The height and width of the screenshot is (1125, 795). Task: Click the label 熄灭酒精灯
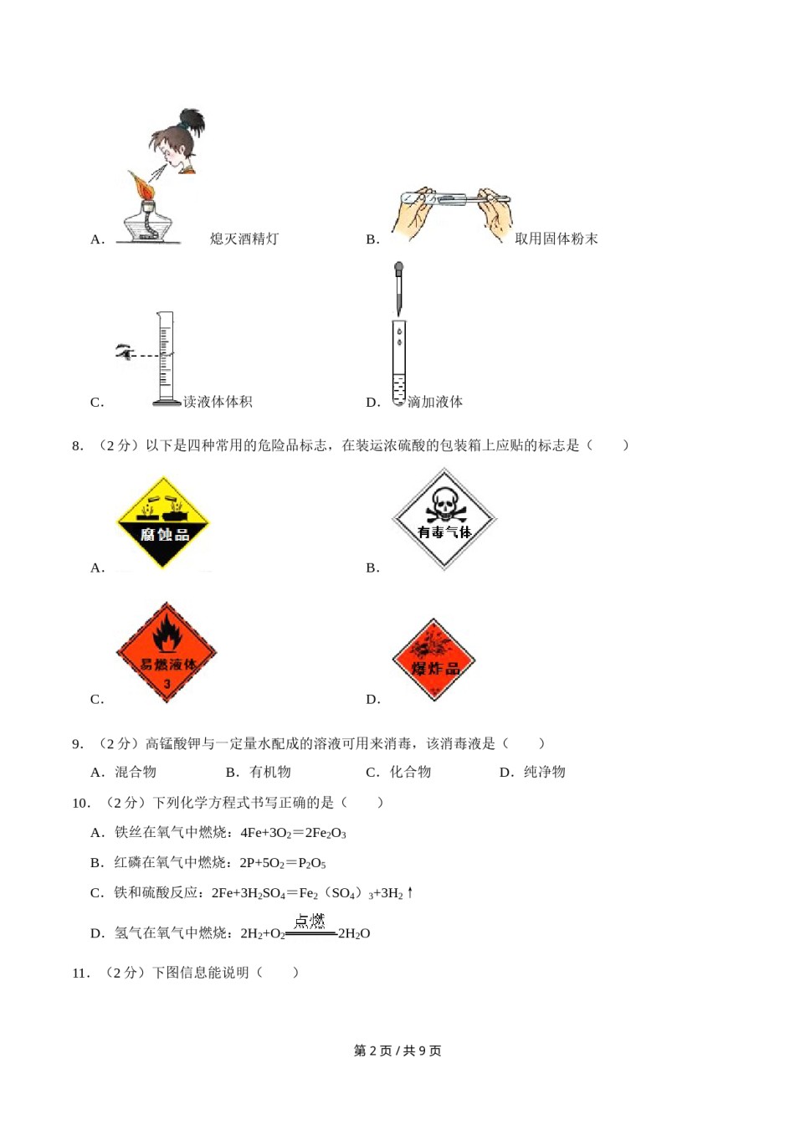[244, 239]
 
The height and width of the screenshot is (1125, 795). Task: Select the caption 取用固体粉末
[556, 239]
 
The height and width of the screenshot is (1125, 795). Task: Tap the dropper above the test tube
[399, 289]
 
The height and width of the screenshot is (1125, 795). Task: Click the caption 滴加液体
[434, 403]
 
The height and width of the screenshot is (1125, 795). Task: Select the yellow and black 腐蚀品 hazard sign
[163, 523]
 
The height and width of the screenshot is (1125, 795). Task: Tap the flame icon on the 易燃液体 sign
[167, 634]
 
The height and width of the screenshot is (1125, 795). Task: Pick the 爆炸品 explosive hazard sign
[433, 660]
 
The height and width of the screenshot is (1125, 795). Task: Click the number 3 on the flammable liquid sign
[167, 685]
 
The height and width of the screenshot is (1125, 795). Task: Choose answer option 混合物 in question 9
[135, 772]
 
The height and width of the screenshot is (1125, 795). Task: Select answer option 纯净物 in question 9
[544, 772]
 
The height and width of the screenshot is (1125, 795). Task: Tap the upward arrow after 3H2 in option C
[410, 892]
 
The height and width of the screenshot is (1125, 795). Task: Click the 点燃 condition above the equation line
[310, 921]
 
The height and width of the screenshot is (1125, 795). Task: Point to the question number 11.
[80, 973]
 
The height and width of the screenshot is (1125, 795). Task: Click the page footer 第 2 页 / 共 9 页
[397, 1051]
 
